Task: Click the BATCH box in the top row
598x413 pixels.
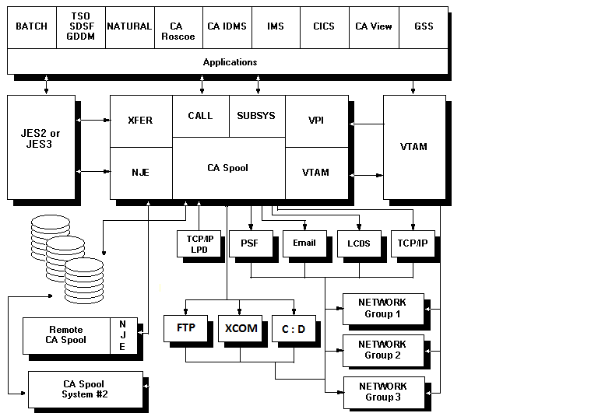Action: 31,26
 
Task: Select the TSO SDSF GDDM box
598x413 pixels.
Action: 80,26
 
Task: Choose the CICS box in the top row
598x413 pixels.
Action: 323,26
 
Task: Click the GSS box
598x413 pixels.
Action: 424,26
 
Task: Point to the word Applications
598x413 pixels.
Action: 230,61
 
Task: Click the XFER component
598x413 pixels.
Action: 140,121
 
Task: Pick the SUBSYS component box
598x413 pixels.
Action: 256,116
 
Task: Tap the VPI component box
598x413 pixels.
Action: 316,121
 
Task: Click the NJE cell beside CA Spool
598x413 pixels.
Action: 140,173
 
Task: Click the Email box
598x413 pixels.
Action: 304,243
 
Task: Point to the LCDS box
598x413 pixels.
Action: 358,243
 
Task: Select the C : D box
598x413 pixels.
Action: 294,329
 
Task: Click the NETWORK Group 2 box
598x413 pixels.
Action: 383,350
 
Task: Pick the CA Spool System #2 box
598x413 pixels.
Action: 85,388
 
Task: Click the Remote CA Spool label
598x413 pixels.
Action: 65,334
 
